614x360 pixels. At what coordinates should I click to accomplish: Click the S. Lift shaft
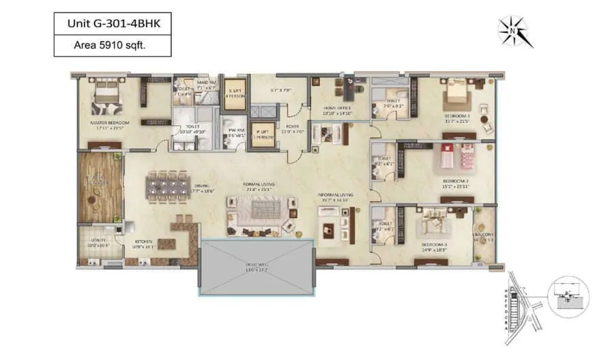click(x=235, y=93)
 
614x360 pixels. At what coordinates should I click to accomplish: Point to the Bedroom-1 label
click(x=457, y=119)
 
